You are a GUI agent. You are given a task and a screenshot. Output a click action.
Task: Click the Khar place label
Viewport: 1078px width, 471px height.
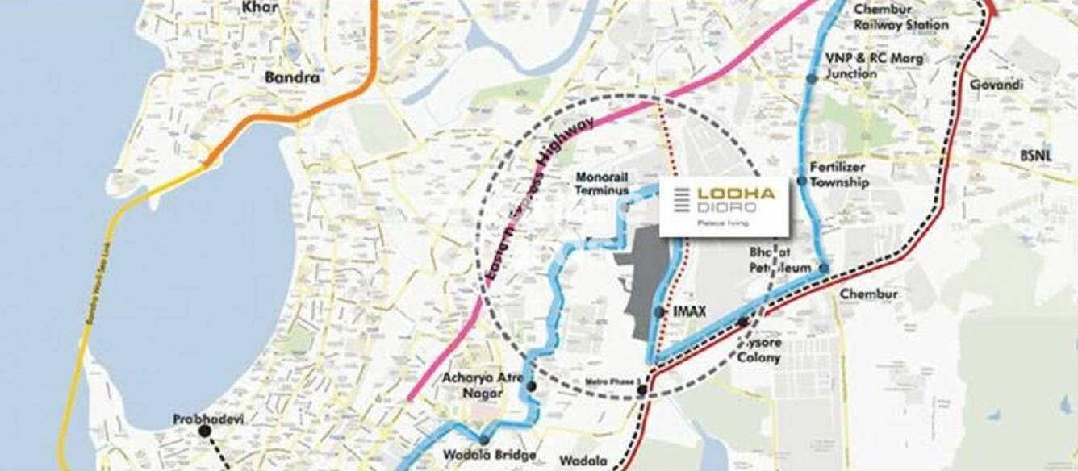click(260, 8)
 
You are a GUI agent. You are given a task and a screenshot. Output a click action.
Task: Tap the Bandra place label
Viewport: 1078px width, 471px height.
click(292, 78)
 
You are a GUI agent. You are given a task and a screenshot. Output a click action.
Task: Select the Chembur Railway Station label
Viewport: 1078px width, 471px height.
click(901, 17)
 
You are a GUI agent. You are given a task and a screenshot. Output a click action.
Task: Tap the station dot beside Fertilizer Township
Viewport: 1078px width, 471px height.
click(802, 181)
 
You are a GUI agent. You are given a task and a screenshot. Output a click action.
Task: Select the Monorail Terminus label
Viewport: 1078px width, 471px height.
click(602, 184)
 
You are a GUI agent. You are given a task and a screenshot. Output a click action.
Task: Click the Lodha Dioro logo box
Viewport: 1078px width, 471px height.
click(724, 206)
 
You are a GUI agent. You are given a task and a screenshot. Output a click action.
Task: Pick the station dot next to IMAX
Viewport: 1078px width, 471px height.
click(660, 311)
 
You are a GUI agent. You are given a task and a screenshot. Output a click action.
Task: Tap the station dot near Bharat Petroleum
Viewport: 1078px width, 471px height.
click(824, 268)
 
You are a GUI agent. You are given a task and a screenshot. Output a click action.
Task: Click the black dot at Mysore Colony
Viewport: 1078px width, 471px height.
click(742, 323)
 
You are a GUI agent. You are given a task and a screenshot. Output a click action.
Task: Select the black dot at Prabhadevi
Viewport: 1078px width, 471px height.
click(205, 431)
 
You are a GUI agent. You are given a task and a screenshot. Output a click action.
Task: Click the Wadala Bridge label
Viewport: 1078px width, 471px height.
click(490, 456)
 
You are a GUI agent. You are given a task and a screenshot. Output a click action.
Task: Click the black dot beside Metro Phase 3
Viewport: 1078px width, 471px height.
click(641, 390)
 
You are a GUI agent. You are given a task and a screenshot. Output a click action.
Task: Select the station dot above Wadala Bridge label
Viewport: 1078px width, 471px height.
click(483, 440)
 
